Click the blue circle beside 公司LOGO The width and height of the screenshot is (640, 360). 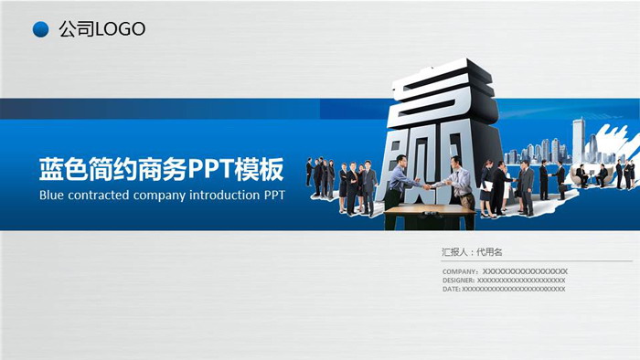pos(40,30)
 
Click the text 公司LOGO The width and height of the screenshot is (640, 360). pos(101,29)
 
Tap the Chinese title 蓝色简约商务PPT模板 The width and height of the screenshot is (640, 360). pos(161,170)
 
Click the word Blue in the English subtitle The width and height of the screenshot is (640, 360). pos(52,196)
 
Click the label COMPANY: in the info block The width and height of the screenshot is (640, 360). pos(460,271)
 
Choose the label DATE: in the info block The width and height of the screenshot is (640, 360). pos(451,289)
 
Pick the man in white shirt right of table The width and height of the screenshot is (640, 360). pos(458,182)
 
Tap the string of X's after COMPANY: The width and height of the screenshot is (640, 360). pos(525,271)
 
